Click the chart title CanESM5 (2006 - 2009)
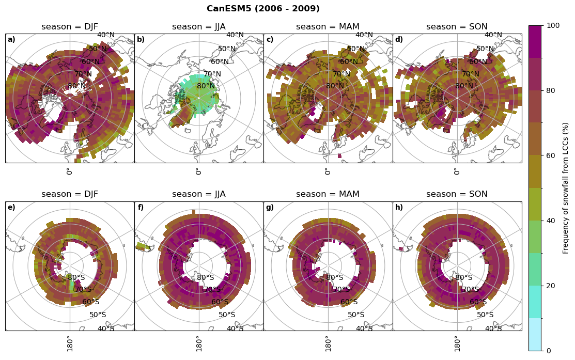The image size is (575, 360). [x=263, y=9]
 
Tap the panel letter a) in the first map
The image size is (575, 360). [x=11, y=40]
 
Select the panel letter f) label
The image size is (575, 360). [x=141, y=208]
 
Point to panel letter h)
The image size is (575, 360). [x=399, y=208]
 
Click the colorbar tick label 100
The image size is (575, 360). [x=553, y=26]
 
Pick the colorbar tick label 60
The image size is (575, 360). [x=551, y=156]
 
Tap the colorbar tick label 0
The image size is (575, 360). [x=549, y=351]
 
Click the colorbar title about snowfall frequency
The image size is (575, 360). [x=566, y=188]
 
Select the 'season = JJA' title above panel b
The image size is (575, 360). [x=199, y=27]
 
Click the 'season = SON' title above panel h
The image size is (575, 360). [x=457, y=194]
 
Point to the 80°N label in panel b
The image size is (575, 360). [x=206, y=86]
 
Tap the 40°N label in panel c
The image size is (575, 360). [x=364, y=35]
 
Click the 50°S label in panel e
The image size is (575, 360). [x=98, y=315]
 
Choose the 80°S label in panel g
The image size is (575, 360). [x=335, y=278]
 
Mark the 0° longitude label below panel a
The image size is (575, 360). [x=69, y=171]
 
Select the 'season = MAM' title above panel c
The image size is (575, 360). [x=328, y=27]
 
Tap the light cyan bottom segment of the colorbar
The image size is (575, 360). [x=535, y=334]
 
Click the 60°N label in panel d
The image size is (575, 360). [x=478, y=62]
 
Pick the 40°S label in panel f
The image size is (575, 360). [x=235, y=329]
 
